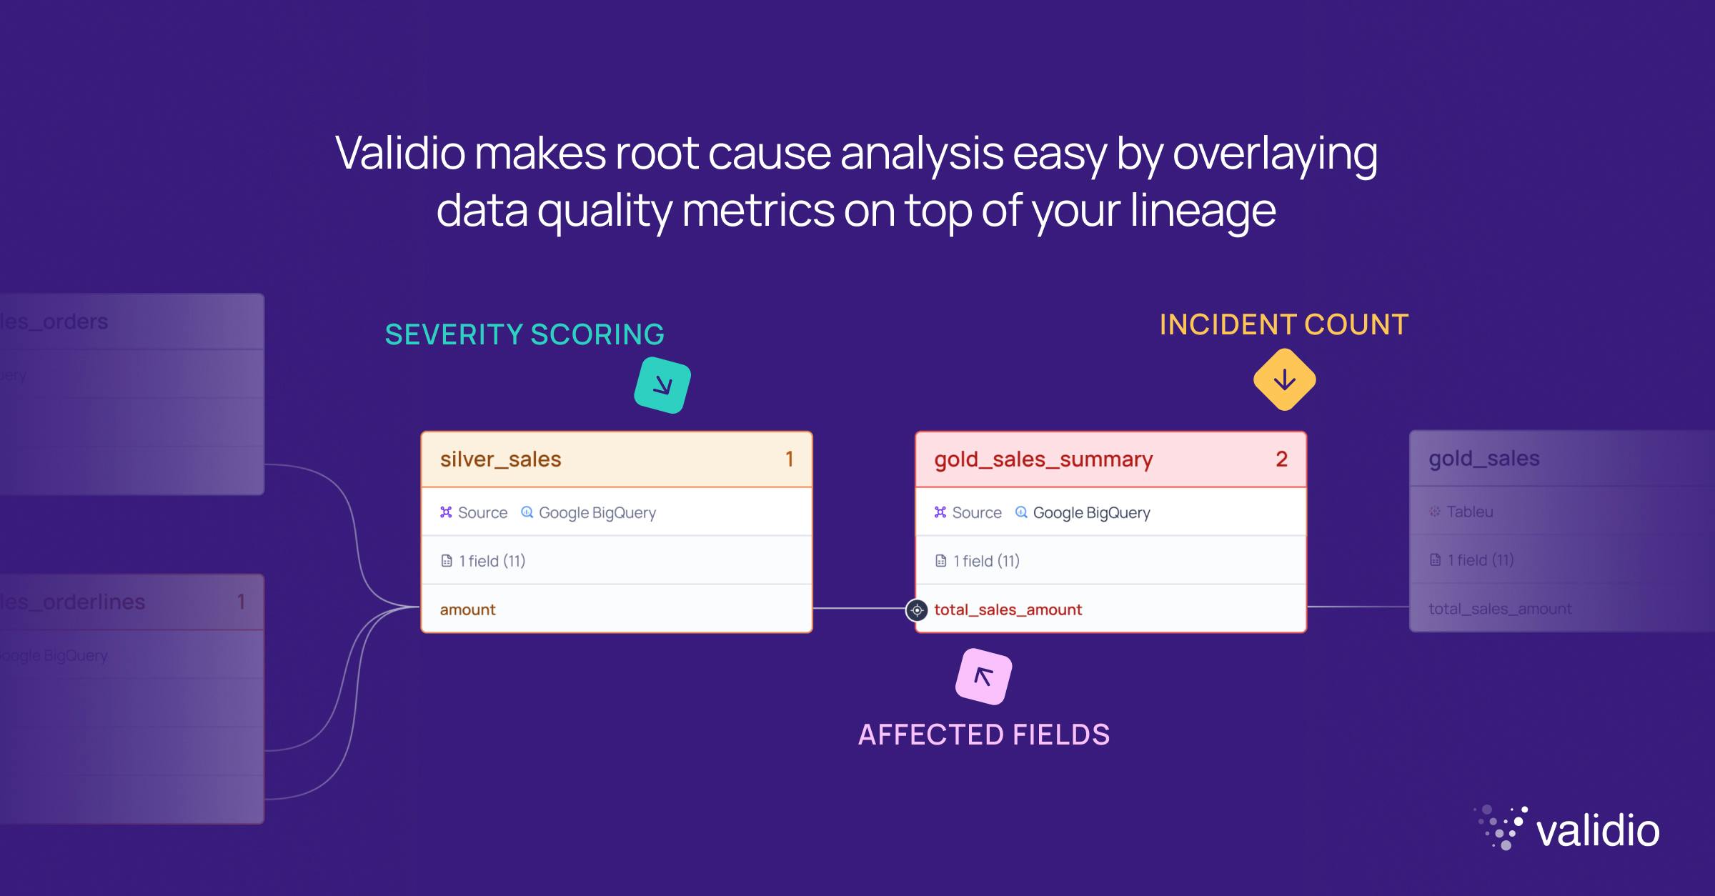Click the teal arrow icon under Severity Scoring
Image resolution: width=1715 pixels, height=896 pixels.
662,386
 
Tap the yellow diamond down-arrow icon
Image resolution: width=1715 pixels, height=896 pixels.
1284,379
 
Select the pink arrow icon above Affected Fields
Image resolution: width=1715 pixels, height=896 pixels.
983,676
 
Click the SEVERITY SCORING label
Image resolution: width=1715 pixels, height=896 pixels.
525,334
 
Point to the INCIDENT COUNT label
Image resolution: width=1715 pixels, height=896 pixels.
1283,324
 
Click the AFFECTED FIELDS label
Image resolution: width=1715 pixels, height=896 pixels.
983,735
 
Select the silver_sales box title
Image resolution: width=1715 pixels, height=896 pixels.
500,459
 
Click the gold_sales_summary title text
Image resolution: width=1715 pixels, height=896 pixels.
1043,459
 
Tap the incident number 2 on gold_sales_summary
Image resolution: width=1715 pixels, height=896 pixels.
1281,459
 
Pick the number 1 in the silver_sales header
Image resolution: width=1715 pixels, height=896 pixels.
789,459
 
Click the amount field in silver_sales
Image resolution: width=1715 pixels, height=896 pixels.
467,609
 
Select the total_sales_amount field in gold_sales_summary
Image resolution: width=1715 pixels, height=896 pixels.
1008,609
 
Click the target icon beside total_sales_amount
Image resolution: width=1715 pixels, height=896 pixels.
917,610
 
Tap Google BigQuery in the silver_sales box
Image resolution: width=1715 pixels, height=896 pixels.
597,512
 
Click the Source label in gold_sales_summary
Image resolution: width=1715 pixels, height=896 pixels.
976,512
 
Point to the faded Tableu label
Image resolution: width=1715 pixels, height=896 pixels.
1469,512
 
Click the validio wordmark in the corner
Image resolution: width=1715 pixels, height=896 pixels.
1597,831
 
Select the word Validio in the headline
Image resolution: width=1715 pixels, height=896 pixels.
399,153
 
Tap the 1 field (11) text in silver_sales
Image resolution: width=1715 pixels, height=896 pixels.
492,561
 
